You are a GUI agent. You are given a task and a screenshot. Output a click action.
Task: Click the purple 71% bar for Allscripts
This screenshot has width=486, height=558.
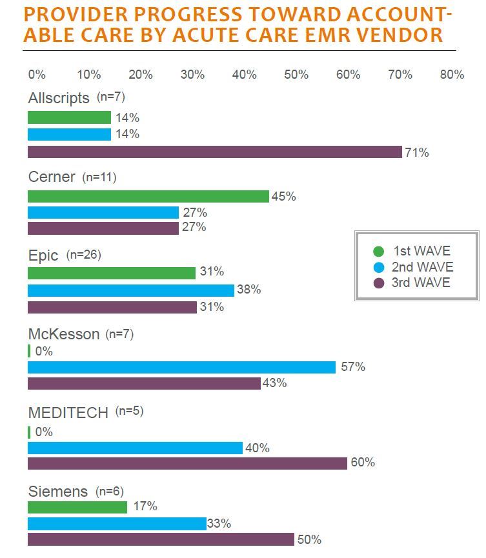[215, 152]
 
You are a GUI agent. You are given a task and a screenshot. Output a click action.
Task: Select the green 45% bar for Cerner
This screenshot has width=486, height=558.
[148, 196]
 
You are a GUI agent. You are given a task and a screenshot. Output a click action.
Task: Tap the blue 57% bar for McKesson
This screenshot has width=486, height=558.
[182, 367]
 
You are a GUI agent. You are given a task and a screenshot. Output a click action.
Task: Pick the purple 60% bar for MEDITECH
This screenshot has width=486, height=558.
[187, 463]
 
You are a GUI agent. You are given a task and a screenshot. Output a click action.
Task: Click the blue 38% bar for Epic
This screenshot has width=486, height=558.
[131, 290]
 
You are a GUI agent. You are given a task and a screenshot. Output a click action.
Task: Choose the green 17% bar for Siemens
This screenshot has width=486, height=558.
[77, 507]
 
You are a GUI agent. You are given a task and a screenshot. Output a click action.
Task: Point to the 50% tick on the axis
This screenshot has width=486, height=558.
[296, 75]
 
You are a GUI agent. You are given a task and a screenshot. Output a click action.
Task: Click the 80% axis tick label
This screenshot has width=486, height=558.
[452, 75]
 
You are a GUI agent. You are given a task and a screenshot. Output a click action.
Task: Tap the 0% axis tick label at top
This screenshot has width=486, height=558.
[37, 75]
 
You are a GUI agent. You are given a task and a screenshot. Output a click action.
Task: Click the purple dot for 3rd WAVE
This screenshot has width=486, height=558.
[379, 283]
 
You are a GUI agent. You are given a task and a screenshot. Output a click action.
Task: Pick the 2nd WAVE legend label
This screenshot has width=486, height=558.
[422, 267]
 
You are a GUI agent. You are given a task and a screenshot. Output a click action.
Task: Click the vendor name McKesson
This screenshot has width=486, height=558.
[64, 334]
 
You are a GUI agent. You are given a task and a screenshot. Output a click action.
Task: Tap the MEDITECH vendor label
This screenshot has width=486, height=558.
[68, 413]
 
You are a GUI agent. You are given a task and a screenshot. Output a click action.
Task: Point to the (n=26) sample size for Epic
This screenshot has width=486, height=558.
[83, 255]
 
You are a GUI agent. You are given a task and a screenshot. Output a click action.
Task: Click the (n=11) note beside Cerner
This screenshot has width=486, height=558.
[99, 177]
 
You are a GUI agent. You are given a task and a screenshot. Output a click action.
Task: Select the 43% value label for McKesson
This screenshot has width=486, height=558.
[274, 383]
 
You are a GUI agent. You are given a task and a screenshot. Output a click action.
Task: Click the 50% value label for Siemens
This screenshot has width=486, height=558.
[309, 540]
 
